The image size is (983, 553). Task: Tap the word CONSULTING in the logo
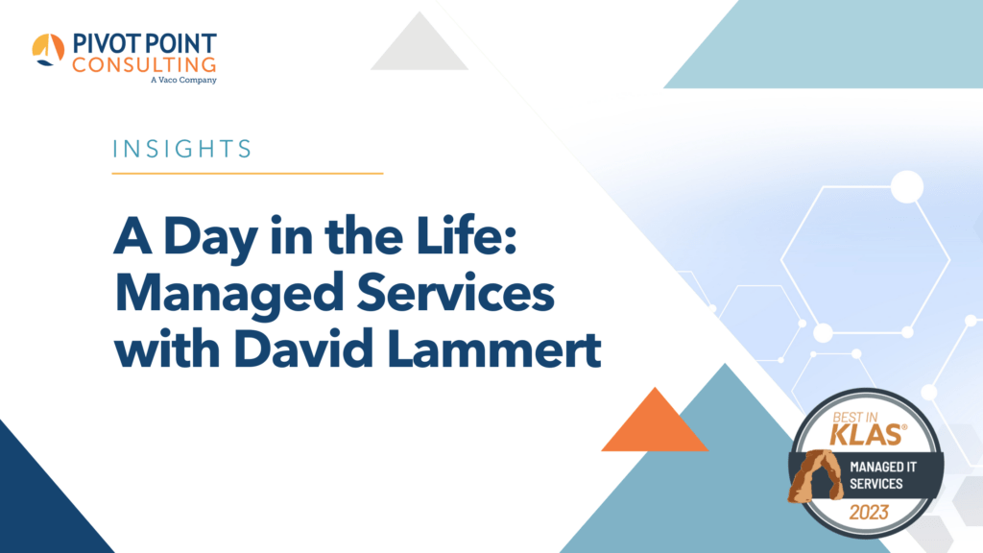click(143, 64)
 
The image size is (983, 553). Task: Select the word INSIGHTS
click(182, 149)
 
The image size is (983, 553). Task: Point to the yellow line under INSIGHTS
click(248, 174)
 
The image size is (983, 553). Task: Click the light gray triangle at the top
click(419, 46)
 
